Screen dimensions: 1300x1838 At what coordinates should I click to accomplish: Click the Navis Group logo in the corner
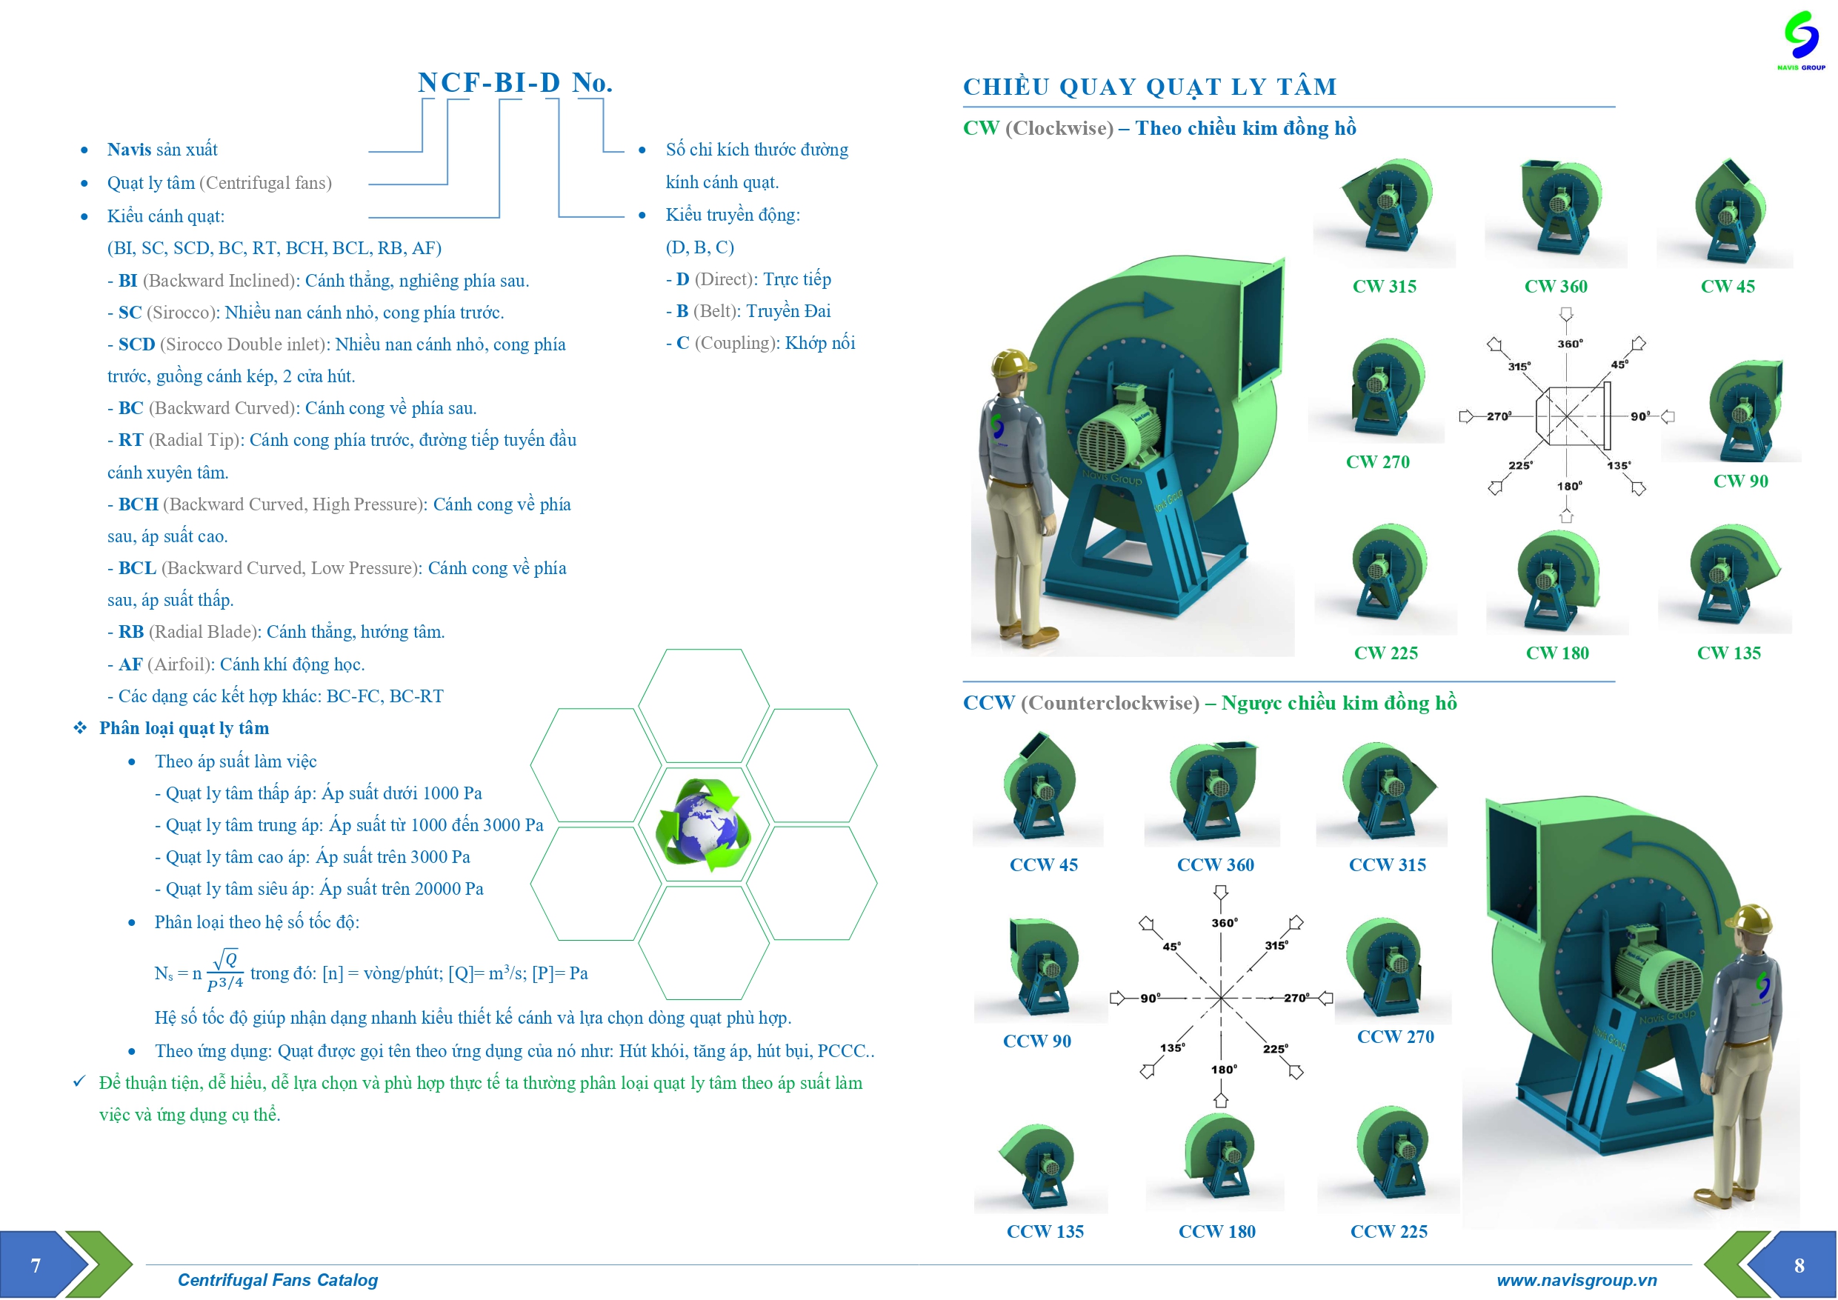(1800, 39)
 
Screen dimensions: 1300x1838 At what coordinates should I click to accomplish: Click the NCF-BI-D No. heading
(515, 82)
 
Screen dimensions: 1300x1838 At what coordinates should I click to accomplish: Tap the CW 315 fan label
(1384, 287)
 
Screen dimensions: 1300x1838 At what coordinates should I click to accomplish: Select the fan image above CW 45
(1728, 212)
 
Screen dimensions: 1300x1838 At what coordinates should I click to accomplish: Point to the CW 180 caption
(1557, 653)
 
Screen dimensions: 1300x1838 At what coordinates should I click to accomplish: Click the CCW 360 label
(1215, 864)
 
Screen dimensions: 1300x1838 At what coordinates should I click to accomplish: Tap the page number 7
(36, 1266)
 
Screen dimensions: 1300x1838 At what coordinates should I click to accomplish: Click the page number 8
(1799, 1266)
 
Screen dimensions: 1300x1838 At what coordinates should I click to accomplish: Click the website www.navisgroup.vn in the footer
(1576, 1280)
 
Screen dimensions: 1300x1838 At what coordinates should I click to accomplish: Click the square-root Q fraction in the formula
(226, 970)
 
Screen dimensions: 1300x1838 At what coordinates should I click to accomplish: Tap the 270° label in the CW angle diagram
(1499, 416)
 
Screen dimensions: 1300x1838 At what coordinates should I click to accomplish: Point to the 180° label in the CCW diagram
(1224, 1070)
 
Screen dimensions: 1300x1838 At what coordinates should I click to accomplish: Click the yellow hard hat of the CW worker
(1012, 361)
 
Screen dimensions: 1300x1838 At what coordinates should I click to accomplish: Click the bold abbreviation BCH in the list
(139, 504)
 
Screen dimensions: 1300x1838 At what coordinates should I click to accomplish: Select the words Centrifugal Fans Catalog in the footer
(277, 1280)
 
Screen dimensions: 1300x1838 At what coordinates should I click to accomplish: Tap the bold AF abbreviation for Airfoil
(130, 664)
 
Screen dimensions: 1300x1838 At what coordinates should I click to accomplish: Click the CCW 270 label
(1395, 1036)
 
